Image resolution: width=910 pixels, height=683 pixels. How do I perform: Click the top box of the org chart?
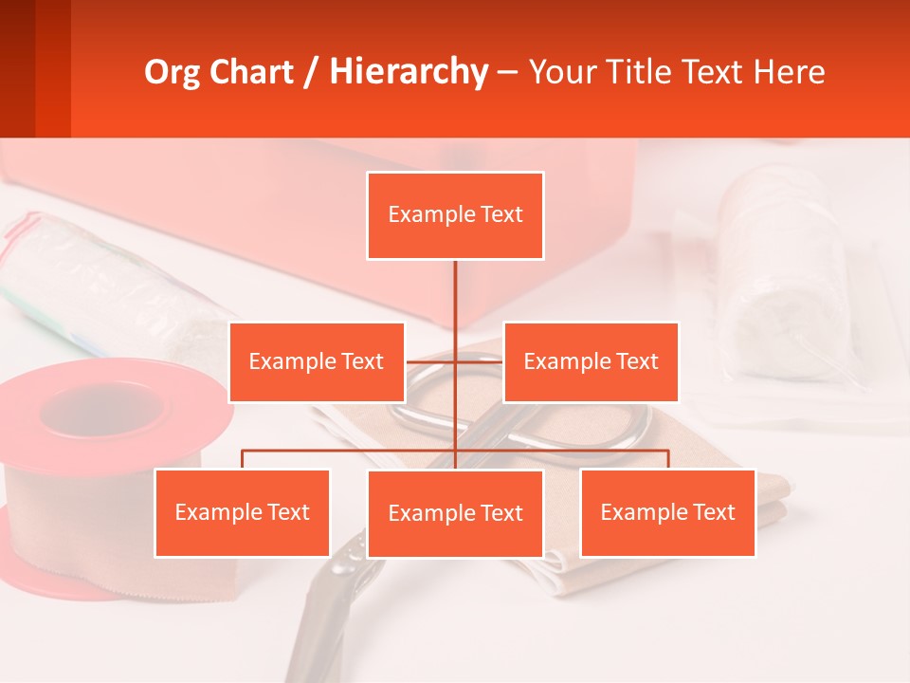(x=455, y=215)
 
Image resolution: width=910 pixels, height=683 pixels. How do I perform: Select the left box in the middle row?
(x=317, y=361)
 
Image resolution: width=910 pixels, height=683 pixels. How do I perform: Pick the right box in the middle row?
(x=591, y=361)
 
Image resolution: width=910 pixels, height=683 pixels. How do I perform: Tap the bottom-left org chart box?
(x=242, y=512)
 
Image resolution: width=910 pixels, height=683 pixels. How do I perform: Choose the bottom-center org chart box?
(x=455, y=513)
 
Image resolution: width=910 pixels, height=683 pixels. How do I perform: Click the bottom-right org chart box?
(x=667, y=512)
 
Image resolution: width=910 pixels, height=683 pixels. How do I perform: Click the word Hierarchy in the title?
(x=409, y=72)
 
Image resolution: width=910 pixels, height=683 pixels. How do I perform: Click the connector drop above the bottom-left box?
(x=243, y=459)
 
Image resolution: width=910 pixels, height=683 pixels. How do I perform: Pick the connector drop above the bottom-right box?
(x=668, y=459)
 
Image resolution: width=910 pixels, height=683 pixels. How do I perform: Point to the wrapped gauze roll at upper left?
(x=95, y=275)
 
